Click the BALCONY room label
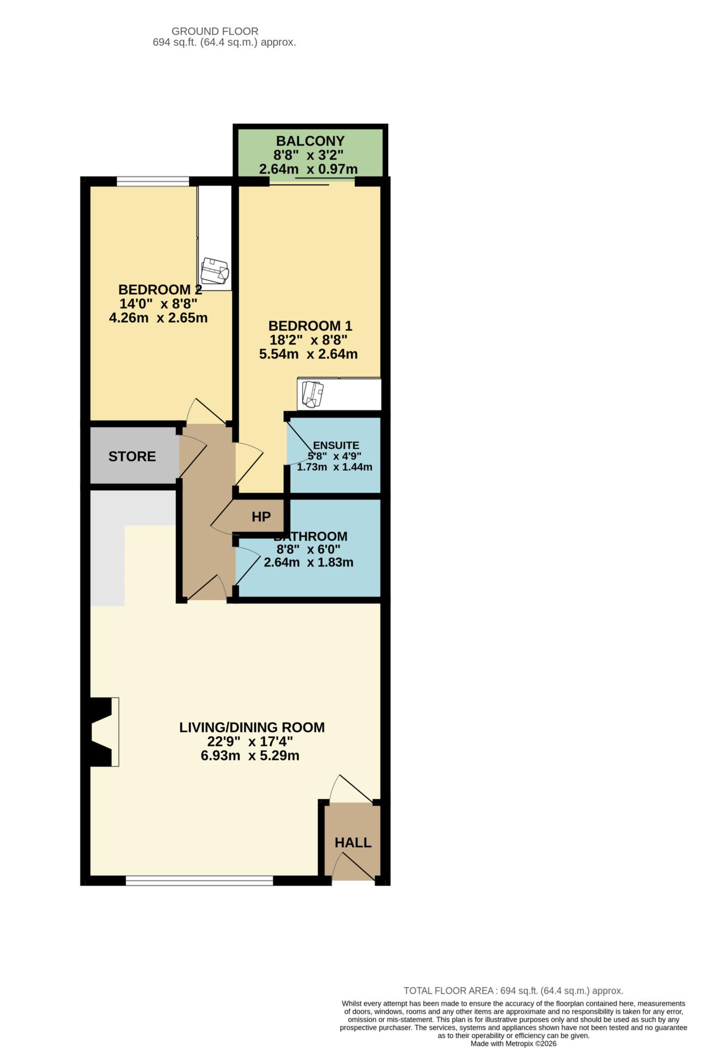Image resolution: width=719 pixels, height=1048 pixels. click(310, 141)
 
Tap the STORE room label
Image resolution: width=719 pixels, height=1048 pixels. click(132, 456)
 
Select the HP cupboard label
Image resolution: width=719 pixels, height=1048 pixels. click(261, 517)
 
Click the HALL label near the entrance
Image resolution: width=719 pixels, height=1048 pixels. click(353, 842)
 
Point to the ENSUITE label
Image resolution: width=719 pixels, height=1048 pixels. click(336, 445)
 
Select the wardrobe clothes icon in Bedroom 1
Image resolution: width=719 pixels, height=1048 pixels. click(312, 394)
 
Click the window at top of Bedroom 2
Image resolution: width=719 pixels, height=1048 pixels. click(152, 181)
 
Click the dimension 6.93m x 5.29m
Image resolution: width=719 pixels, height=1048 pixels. click(250, 755)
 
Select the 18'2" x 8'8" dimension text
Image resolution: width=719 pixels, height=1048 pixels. click(309, 340)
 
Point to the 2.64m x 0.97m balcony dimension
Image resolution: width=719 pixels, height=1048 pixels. click(309, 169)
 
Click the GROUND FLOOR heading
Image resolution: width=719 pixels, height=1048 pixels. click(215, 31)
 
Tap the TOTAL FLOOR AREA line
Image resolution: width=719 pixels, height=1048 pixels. click(513, 991)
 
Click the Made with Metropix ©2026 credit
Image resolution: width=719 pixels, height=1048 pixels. click(513, 1043)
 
